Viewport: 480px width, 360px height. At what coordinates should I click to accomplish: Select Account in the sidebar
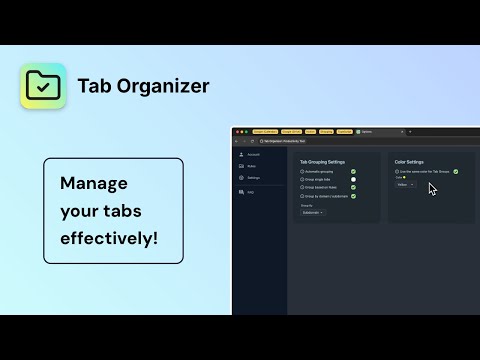coord(252,155)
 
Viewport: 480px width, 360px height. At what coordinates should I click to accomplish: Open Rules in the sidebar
coord(252,166)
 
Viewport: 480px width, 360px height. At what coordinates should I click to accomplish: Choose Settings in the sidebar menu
coord(253,177)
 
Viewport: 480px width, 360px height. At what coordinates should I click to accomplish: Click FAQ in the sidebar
coord(250,191)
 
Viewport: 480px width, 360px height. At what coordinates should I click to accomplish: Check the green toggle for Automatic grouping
coord(353,172)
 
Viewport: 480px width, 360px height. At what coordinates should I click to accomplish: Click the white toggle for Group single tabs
coord(353,180)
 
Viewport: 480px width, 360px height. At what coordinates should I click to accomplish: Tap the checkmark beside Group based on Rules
coord(353,188)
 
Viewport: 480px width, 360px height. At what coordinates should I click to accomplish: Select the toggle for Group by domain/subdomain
coord(353,196)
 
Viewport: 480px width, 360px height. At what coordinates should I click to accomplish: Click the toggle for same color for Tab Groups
coord(455,172)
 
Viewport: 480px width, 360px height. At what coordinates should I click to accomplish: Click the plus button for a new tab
coord(411,131)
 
